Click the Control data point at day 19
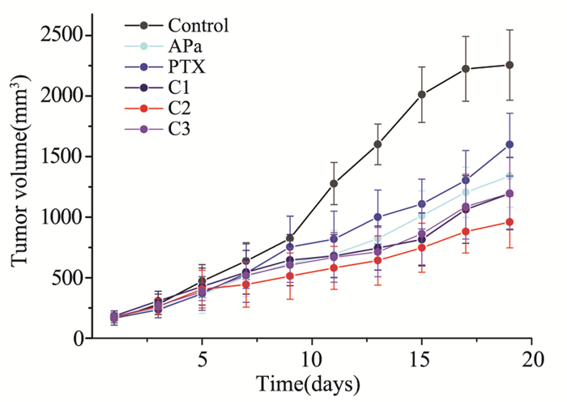[x=509, y=65]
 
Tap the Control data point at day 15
[x=422, y=94]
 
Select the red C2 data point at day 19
[x=509, y=221]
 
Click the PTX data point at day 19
[x=509, y=144]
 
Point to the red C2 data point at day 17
[x=466, y=231]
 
